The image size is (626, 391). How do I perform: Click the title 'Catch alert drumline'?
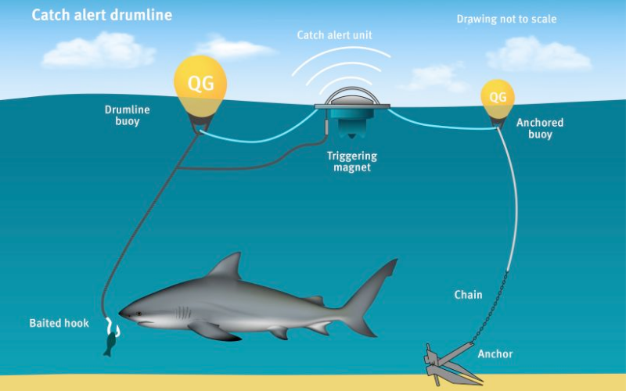102,15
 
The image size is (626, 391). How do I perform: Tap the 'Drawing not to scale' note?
506,19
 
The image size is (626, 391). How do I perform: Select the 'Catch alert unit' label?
335,35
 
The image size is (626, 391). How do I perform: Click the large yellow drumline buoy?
200,88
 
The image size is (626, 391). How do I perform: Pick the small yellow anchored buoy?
498,99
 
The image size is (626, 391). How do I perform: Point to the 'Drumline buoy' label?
128,115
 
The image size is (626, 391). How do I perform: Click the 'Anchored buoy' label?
540,128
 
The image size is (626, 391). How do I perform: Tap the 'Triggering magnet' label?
351,161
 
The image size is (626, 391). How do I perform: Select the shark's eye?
139,314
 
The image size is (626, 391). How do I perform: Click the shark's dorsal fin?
226,266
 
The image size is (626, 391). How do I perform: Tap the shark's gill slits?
184,312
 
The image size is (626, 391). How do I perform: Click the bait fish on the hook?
109,344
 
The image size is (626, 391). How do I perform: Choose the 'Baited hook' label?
59,323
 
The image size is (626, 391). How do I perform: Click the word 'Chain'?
468,295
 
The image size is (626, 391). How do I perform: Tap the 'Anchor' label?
495,354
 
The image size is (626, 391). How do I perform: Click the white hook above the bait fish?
113,326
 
